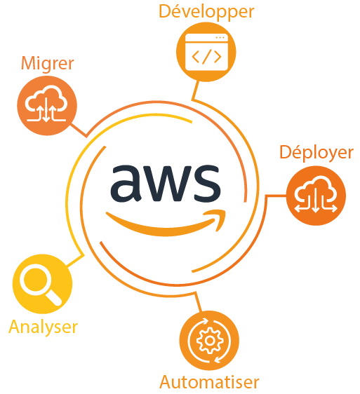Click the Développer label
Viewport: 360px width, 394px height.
point(206,12)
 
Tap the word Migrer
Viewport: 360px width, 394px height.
point(47,64)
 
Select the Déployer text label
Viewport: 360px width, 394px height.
point(316,153)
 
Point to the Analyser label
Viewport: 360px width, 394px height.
point(43,327)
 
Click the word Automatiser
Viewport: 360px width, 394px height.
point(209,382)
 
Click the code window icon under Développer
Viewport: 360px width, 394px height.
point(206,52)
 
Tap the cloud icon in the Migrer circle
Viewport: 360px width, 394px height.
point(46,104)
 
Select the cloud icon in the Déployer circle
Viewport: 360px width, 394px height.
point(316,194)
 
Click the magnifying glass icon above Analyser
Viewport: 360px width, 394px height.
point(41,285)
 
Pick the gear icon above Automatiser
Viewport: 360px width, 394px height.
point(210,341)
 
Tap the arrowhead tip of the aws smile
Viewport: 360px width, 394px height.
point(225,212)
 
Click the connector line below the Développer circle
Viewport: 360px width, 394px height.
point(195,90)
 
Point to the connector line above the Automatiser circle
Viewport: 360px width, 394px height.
point(199,302)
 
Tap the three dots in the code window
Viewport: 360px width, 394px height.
point(220,38)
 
